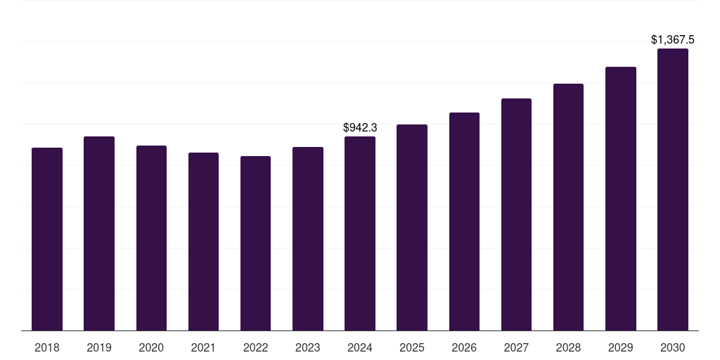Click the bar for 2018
[x=47, y=239]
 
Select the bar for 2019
[x=99, y=233]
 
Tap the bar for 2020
[x=151, y=238]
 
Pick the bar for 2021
[x=203, y=241]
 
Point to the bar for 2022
[x=255, y=243]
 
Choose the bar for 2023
[x=308, y=238]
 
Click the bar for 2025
[x=412, y=227]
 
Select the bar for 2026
[x=464, y=221]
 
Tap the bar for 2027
[x=516, y=214]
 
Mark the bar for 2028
[x=568, y=207]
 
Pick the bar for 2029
[x=621, y=198]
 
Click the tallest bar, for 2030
[x=673, y=189]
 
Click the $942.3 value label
[x=360, y=127]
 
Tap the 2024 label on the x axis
[x=360, y=347]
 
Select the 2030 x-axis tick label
[x=673, y=347]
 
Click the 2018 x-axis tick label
[x=47, y=347]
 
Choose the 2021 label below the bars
[x=203, y=347]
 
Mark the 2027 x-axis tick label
[x=516, y=347]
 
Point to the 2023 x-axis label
[x=308, y=347]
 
